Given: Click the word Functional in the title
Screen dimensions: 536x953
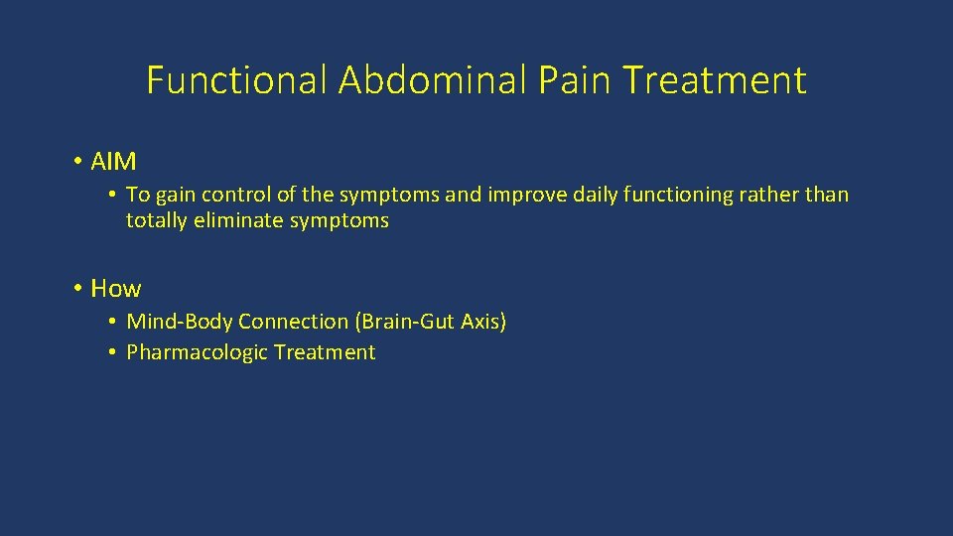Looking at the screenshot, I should pyautogui.click(x=236, y=80).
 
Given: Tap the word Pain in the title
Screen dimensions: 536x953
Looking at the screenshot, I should pyautogui.click(x=579, y=80).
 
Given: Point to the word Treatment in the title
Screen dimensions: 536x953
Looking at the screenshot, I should pyautogui.click(x=718, y=80).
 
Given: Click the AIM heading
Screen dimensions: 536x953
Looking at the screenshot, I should pyautogui.click(x=113, y=161).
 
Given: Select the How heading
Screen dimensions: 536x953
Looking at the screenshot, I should pyautogui.click(x=116, y=289).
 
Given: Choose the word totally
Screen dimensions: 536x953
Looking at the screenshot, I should pyautogui.click(x=156, y=220).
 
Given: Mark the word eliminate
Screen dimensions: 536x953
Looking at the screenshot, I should pyautogui.click(x=238, y=220).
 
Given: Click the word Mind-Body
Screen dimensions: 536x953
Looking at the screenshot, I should pyautogui.click(x=180, y=322).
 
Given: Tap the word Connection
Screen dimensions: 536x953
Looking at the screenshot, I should pyautogui.click(x=294, y=322).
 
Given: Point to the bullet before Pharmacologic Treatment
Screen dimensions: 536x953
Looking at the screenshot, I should pyautogui.click(x=114, y=352).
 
